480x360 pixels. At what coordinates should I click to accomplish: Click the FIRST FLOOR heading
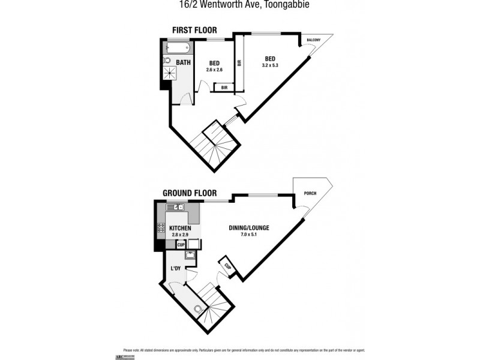[x=194, y=30]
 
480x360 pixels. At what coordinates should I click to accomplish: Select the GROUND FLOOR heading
[x=185, y=193]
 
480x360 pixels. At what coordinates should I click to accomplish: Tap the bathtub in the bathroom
[x=177, y=47]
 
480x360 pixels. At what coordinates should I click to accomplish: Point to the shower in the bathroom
[x=169, y=73]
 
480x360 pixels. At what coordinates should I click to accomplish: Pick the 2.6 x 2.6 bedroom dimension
[x=214, y=70]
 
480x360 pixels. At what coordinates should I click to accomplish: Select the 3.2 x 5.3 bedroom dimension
[x=269, y=65]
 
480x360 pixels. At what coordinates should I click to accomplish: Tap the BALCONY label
[x=313, y=40]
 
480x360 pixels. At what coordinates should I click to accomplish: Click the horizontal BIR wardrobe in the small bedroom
[x=224, y=88]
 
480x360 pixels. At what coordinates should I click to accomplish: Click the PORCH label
[x=310, y=193]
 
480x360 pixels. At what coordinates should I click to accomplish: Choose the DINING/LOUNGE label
[x=249, y=228]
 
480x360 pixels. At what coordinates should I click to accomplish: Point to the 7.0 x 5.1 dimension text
[x=249, y=235]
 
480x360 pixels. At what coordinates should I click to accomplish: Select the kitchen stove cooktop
[x=161, y=227]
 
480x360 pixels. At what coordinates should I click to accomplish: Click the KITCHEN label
[x=180, y=229]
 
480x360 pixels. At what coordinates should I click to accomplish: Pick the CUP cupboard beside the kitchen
[x=181, y=244]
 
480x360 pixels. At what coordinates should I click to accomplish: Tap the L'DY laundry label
[x=176, y=268]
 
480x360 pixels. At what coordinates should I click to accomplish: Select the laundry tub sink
[x=190, y=255]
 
